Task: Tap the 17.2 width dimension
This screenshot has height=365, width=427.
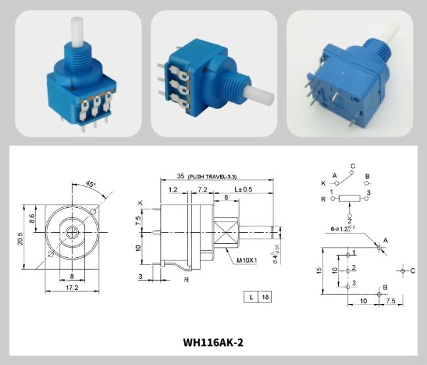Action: [72, 288]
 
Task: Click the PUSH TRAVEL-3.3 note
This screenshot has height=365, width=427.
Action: [213, 178]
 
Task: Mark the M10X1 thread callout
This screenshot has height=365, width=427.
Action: [247, 260]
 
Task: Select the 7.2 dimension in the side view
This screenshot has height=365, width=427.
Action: [202, 189]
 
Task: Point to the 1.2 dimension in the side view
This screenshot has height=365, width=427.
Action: [172, 189]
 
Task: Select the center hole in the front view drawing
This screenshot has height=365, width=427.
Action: [72, 233]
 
